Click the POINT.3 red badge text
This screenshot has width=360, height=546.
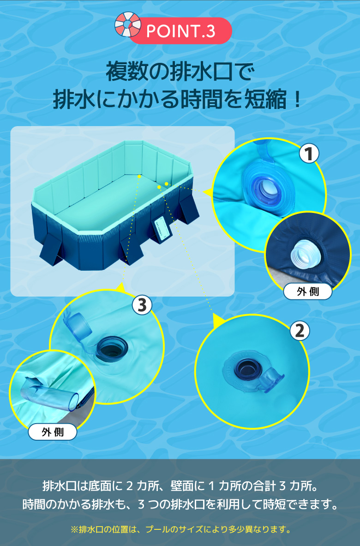180,31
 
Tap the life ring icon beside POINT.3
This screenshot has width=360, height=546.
128,24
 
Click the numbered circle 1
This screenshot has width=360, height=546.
309,153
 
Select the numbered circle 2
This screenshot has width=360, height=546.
300,330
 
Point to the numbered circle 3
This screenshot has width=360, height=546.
142,305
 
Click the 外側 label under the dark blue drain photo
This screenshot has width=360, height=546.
308,291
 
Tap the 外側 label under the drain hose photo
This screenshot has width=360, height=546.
53,432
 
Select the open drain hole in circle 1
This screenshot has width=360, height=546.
268,188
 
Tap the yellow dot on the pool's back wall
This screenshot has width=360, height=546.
139,176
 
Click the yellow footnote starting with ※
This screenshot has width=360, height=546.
180,529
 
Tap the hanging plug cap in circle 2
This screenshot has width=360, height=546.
274,380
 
